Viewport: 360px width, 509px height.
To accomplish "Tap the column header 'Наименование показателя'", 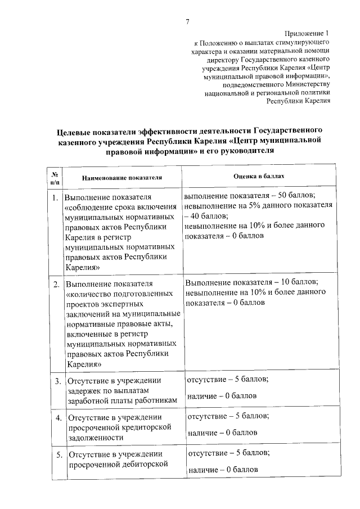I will pos(122,177).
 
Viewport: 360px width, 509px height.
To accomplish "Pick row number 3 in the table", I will pos(57,382).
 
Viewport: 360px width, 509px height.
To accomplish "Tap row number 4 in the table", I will pos(57,418).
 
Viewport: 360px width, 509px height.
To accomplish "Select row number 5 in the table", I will pos(57,454).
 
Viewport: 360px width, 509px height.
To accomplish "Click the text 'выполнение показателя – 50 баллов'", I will pos(249,196).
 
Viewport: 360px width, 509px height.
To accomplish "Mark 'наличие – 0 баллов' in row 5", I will pos(223,469).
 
